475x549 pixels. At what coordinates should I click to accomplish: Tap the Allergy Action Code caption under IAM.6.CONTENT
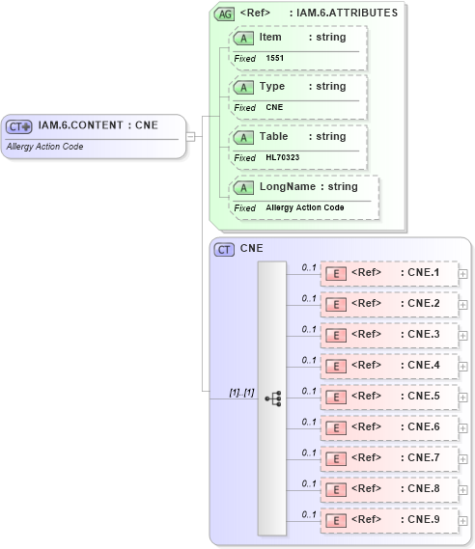pyautogui.click(x=44, y=147)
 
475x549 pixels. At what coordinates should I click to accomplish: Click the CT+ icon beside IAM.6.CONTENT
pyautogui.click(x=20, y=126)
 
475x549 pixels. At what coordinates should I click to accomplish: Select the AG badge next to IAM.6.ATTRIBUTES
pyautogui.click(x=224, y=14)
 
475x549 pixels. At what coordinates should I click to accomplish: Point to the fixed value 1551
pyautogui.click(x=275, y=59)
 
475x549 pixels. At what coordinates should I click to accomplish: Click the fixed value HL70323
pyautogui.click(x=282, y=157)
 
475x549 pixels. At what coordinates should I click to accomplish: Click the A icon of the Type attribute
pyautogui.click(x=245, y=87)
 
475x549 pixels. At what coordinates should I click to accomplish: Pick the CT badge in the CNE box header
pyautogui.click(x=224, y=249)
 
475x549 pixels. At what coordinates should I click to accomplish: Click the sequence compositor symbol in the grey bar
pyautogui.click(x=272, y=397)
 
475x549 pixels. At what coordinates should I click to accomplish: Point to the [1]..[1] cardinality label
pyautogui.click(x=240, y=393)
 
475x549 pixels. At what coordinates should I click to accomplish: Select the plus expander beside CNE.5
pyautogui.click(x=463, y=397)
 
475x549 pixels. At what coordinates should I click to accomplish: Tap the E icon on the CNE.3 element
pyautogui.click(x=337, y=335)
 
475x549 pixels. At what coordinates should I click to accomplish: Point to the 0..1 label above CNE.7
pyautogui.click(x=310, y=452)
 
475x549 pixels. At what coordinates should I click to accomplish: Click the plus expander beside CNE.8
pyautogui.click(x=463, y=489)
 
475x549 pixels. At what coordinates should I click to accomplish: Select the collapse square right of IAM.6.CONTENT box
pyautogui.click(x=190, y=136)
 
